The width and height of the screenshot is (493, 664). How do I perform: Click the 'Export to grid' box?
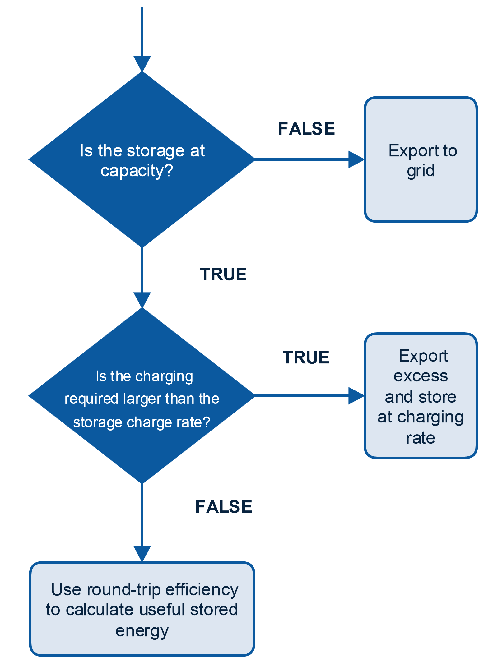click(421, 159)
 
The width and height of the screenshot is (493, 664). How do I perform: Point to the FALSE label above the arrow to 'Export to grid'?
click(306, 129)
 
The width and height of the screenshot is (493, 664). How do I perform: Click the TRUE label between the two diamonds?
click(223, 274)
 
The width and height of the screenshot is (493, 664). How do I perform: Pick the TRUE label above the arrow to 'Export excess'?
click(306, 357)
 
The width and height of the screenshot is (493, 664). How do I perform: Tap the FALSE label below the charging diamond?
click(224, 507)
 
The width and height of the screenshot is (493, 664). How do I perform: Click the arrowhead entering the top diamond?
click(142, 63)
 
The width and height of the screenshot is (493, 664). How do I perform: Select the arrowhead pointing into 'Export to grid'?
click(356, 159)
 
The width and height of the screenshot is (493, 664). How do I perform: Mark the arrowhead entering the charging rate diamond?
click(142, 300)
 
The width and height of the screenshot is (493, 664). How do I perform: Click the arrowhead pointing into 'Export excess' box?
click(356, 396)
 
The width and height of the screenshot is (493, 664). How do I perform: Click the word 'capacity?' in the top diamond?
click(137, 171)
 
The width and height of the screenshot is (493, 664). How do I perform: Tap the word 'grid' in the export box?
click(421, 171)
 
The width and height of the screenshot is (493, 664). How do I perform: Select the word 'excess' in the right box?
click(421, 376)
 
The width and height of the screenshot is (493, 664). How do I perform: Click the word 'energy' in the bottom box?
click(142, 631)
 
